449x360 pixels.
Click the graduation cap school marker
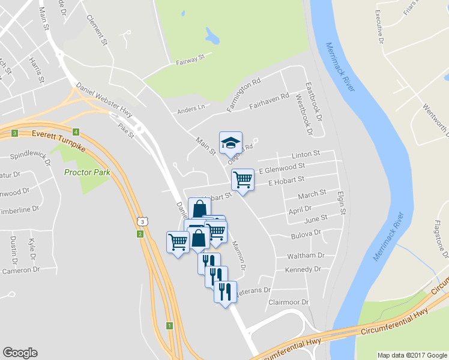(231, 143)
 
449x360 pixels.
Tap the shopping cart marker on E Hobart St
(243, 179)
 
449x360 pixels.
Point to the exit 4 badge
(76, 132)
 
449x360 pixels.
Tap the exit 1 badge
(169, 326)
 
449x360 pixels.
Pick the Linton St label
(306, 154)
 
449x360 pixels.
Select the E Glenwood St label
(282, 167)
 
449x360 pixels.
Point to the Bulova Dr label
(307, 231)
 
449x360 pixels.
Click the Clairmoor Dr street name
(289, 302)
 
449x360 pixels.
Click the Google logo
(20, 353)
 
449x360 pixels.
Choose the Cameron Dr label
(20, 270)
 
